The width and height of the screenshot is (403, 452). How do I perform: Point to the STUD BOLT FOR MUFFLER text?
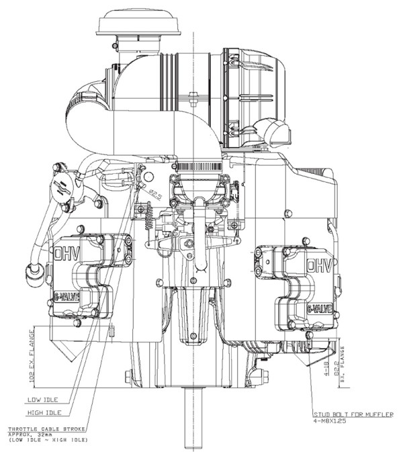tap(353, 414)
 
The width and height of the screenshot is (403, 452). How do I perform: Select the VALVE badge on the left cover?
tap(68, 296)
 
